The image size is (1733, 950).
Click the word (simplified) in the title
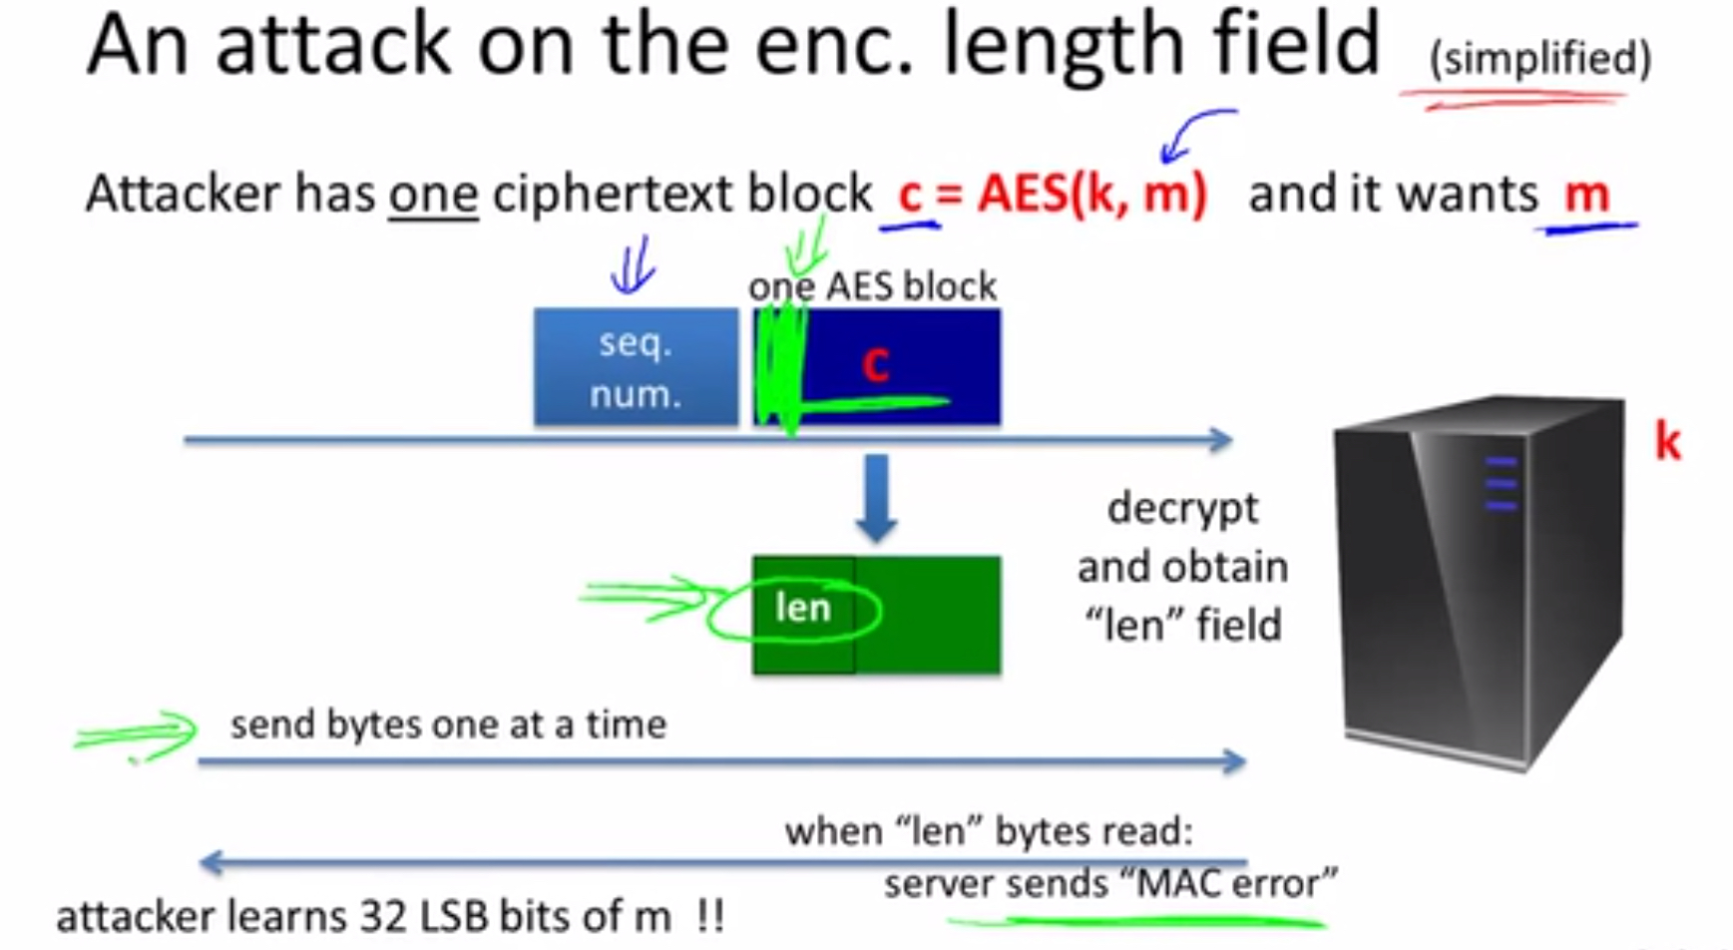[x=1540, y=59]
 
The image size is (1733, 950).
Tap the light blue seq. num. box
[x=636, y=367]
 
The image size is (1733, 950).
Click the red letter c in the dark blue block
[x=875, y=364]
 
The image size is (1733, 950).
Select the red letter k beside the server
[x=1667, y=441]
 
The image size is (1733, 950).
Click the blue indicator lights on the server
[x=1501, y=483]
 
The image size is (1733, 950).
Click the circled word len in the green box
[x=803, y=607]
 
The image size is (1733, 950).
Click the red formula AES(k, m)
[x=1091, y=193]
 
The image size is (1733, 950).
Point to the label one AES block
[x=872, y=286]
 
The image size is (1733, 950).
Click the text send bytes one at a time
[x=448, y=723]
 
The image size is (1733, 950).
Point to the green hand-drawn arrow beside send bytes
[x=137, y=735]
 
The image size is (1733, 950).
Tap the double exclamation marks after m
[x=710, y=916]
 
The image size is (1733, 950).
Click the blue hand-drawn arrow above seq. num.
[x=633, y=265]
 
